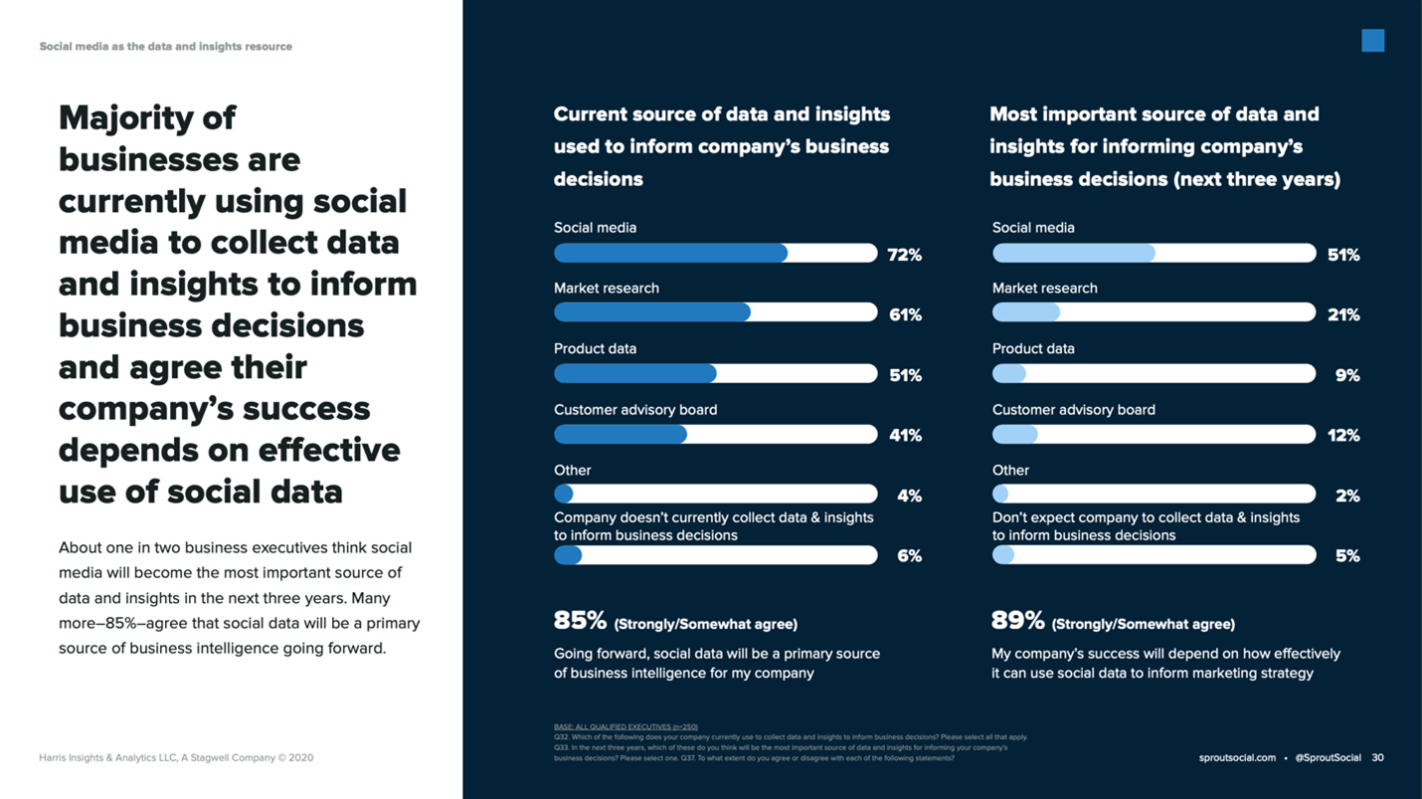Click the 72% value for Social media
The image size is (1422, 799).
point(904,255)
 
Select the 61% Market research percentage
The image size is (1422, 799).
point(905,315)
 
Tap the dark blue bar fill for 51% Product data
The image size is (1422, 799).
point(634,374)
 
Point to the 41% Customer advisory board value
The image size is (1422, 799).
point(905,436)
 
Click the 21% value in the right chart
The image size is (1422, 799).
point(1343,315)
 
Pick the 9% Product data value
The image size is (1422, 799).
point(1347,376)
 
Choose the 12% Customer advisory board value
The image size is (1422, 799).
point(1343,436)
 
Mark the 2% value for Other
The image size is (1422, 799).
point(1347,497)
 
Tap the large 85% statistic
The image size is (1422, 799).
point(580,621)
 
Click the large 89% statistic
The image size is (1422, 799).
point(1017,621)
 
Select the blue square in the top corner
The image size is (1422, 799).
point(1372,41)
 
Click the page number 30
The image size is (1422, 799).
point(1377,758)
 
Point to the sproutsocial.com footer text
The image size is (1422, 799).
point(1237,758)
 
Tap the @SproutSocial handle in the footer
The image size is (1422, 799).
point(1328,758)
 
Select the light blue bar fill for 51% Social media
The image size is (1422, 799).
point(1074,254)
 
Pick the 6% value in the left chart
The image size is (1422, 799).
point(909,556)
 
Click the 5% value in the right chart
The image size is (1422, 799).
point(1347,556)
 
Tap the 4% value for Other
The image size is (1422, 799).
point(909,497)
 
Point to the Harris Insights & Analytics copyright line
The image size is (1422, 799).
point(176,758)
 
